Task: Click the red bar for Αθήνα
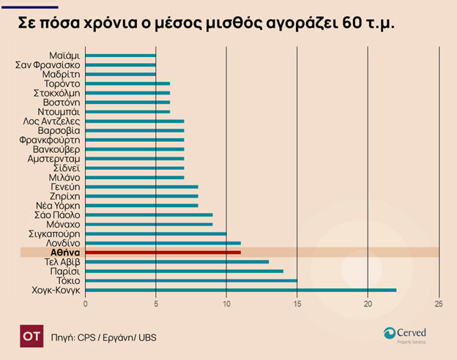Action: coord(163,252)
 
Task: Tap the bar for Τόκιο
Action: coord(191,280)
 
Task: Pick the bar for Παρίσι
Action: coord(184,271)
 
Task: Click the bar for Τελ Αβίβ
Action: coord(177,261)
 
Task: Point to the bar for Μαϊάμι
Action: coord(121,56)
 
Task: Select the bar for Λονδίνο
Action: coord(163,243)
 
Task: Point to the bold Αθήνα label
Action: coord(66,252)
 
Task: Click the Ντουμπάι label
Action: coord(62,112)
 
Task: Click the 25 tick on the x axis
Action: coord(439,304)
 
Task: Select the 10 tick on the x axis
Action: coord(226,304)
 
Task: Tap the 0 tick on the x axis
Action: coord(86,304)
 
